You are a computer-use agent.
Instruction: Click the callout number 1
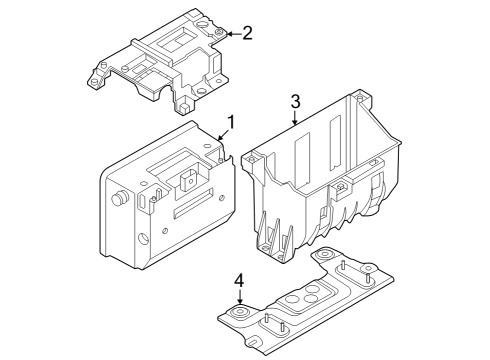[230, 123]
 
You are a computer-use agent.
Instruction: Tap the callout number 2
[247, 32]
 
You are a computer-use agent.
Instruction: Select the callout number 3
[295, 101]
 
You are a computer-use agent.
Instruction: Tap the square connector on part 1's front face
[187, 181]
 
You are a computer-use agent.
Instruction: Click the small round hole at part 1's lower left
[144, 239]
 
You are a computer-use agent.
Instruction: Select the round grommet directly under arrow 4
[241, 316]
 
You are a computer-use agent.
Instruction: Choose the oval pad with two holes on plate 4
[313, 298]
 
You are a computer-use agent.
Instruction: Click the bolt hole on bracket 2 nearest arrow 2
[216, 34]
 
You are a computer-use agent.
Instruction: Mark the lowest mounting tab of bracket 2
[186, 105]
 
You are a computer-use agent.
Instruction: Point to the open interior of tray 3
[310, 160]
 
